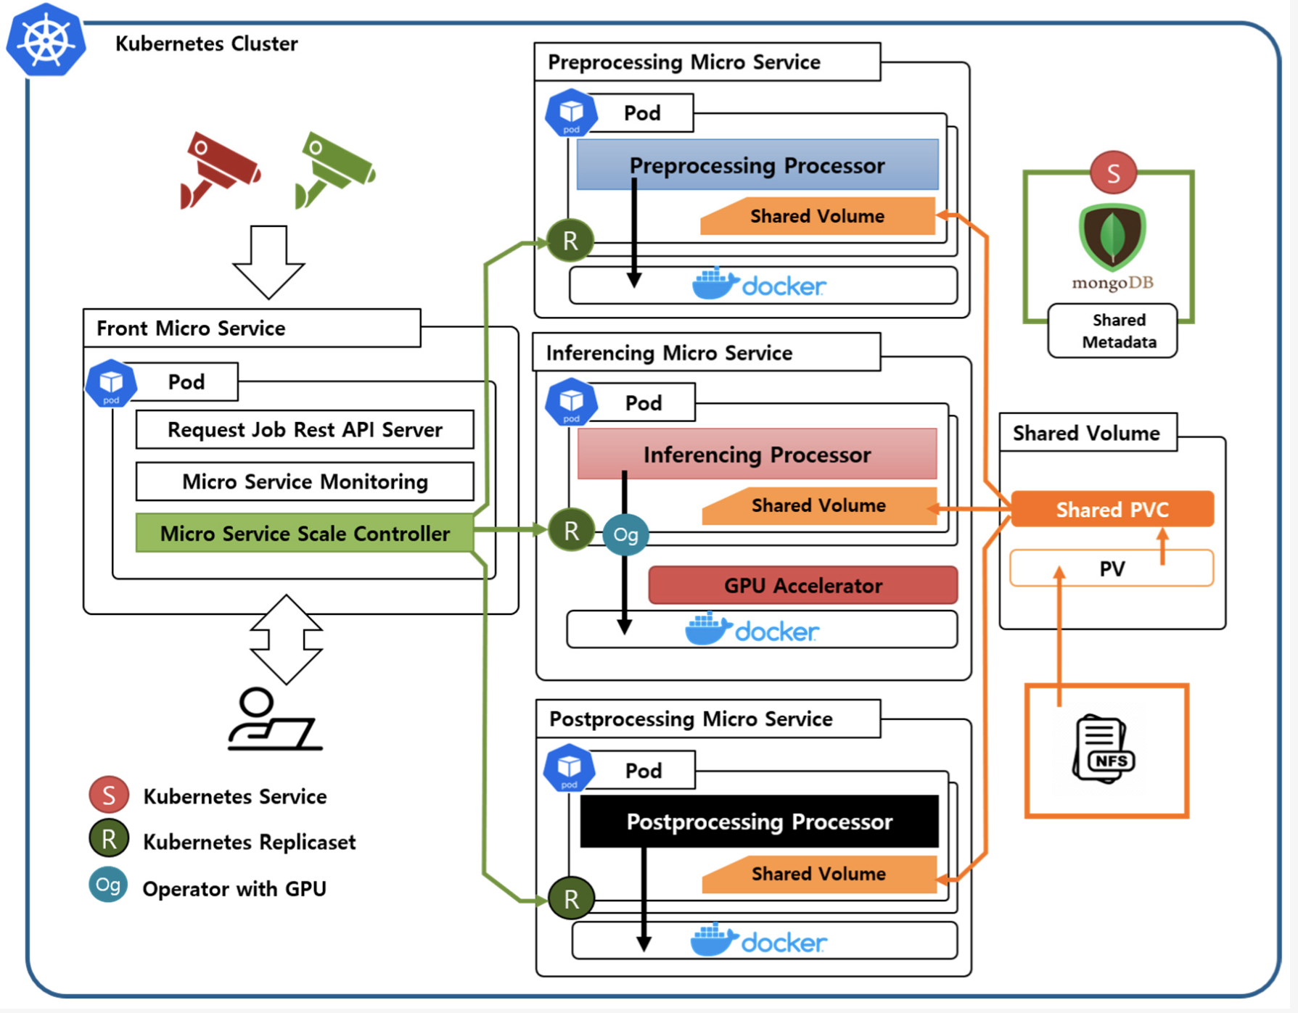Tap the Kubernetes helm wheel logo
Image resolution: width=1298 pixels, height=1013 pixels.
(46, 41)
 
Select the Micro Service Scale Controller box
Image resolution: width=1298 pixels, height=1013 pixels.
(305, 534)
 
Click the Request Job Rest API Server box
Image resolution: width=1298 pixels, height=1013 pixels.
(305, 430)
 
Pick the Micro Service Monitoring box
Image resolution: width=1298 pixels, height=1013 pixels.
(305, 481)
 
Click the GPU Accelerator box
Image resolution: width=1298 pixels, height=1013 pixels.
(802, 585)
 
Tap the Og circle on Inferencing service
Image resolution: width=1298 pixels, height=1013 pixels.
(625, 535)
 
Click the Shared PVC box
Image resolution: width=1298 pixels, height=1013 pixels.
(1112, 510)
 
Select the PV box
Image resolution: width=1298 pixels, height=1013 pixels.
(1112, 568)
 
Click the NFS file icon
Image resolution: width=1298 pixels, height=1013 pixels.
(1104, 749)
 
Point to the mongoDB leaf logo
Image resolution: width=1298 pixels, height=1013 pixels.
(1112, 236)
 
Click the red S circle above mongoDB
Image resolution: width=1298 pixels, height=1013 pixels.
(1113, 173)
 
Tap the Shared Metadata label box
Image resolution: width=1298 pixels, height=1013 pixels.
(1112, 331)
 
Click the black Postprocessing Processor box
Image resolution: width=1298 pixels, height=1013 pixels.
(759, 822)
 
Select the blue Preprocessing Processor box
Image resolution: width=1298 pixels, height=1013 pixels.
(757, 165)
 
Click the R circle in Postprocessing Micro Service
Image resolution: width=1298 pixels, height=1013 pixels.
(571, 898)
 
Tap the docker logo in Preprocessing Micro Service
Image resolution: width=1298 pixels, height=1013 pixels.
(759, 285)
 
